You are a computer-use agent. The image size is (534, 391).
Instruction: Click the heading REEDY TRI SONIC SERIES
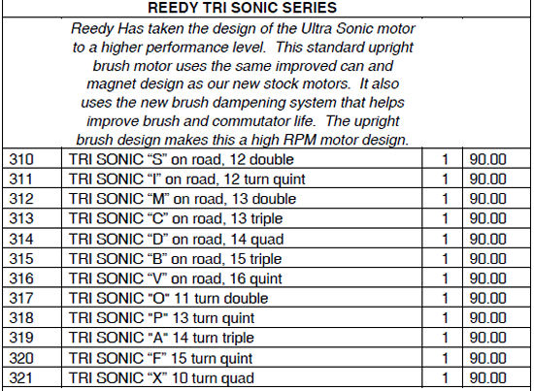pos(242,8)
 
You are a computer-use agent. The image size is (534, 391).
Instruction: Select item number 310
pos(21,159)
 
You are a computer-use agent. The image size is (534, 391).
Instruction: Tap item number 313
pos(21,218)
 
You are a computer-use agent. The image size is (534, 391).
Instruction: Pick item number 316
pos(21,278)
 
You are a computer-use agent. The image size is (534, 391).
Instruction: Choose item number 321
pos(20,377)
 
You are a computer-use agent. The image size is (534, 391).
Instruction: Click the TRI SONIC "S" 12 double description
pos(182,159)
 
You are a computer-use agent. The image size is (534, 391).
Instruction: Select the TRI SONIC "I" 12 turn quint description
pos(187,179)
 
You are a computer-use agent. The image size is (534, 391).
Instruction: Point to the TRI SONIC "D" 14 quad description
pos(176,240)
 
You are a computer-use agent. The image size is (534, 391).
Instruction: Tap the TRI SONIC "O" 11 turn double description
pos(168,299)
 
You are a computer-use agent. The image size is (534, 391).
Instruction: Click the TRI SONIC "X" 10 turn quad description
pos(161,378)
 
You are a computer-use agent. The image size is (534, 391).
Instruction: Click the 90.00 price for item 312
pos(487,199)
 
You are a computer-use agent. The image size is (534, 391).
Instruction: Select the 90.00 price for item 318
pos(487,318)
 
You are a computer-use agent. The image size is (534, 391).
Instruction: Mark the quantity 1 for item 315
pos(445,259)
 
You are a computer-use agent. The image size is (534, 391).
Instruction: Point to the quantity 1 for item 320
pos(445,358)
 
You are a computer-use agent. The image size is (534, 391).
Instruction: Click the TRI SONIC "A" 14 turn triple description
pos(161,338)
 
